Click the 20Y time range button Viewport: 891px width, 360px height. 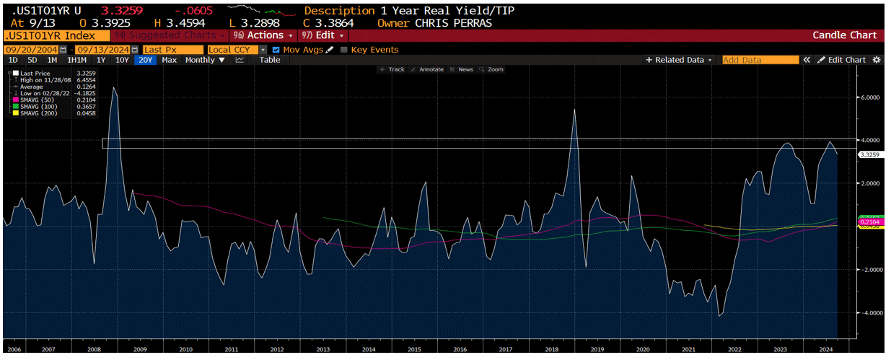point(146,60)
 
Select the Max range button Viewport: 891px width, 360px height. point(170,60)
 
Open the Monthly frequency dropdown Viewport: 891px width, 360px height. point(205,60)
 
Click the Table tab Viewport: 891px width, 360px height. point(270,60)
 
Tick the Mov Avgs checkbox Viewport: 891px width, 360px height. point(276,49)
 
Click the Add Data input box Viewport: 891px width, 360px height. point(760,60)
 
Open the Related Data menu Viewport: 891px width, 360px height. point(679,60)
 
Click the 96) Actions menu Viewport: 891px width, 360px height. point(263,35)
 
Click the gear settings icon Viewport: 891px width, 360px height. point(877,60)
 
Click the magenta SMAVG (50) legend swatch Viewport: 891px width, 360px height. point(15,100)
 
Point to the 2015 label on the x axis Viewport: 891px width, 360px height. point(414,348)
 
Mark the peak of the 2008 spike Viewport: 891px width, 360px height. point(114,87)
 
